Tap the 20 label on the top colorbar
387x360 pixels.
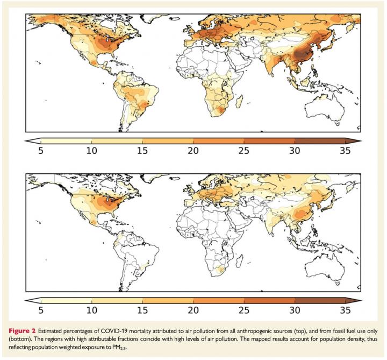(194, 151)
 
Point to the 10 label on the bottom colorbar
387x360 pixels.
(92, 310)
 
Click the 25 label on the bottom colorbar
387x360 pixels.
(245, 310)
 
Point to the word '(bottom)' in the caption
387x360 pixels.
(35, 338)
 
